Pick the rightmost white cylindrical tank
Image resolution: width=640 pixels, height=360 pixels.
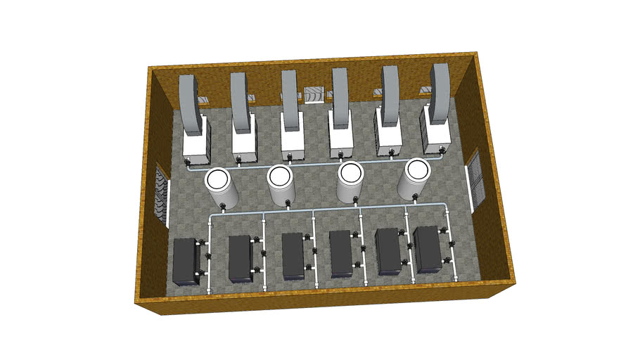(x=414, y=181)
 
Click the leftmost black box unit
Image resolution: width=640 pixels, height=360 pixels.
(x=185, y=261)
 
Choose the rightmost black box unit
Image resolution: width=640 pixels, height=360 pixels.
(x=428, y=250)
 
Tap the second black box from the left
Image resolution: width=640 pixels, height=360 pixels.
(x=240, y=258)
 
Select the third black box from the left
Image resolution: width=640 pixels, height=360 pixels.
(x=293, y=255)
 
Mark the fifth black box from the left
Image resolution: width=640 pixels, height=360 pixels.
(x=388, y=252)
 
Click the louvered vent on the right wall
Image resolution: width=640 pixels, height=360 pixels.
(x=476, y=179)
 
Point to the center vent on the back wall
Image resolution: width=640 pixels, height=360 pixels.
(x=314, y=94)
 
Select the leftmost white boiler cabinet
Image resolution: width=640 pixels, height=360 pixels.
(x=195, y=143)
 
